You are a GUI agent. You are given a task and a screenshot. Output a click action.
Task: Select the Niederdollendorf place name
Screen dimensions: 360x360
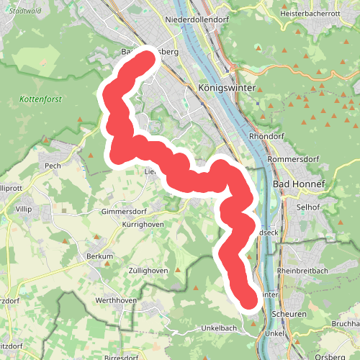[196, 19]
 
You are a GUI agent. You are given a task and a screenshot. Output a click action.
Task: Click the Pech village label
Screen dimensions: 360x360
[53, 166]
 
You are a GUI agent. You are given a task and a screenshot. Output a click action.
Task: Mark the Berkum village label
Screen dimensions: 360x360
[100, 256]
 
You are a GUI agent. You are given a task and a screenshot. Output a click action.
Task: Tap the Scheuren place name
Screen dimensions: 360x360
[290, 315]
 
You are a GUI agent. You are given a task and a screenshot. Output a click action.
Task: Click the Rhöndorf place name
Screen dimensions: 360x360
[266, 135]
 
